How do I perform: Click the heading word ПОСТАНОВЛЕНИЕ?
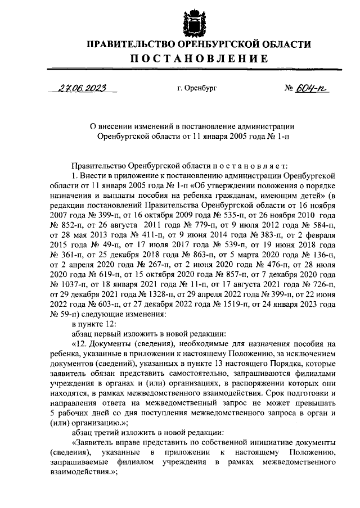pos(192,59)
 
